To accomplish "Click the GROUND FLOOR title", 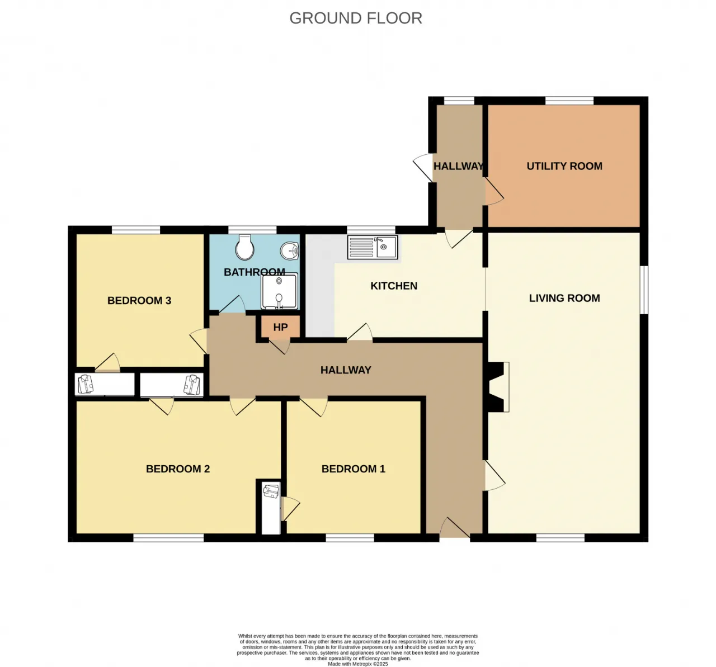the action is (355, 18).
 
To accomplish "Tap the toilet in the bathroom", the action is (244, 247).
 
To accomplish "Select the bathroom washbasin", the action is (290, 250).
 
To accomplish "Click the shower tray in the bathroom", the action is (280, 291).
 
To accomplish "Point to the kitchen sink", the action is (373, 247).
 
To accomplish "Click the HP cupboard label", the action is (280, 327).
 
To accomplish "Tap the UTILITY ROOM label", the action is (564, 166).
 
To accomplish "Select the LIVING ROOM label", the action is (564, 298).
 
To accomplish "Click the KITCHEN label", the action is (394, 286).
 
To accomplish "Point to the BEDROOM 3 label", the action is (139, 301).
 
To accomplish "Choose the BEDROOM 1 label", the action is (354, 469).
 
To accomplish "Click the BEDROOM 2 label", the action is (178, 469).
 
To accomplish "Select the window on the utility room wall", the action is (569, 100).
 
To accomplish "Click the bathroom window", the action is (252, 230).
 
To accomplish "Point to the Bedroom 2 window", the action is (168, 538).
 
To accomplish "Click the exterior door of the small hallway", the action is (423, 168).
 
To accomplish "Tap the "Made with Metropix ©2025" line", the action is (357, 664).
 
